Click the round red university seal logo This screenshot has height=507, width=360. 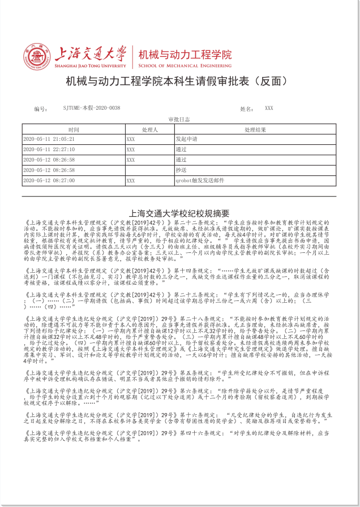click(37, 57)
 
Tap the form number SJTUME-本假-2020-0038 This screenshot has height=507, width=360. click(92, 108)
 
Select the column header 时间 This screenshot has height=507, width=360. click(73, 130)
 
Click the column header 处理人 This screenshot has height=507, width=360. click(149, 130)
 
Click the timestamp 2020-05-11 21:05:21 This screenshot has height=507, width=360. click(49, 139)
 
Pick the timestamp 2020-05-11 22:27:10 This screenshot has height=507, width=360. click(49, 149)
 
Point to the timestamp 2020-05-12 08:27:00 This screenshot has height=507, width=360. click(49, 181)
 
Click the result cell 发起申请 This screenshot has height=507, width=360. click(186, 139)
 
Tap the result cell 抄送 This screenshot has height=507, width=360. click(181, 170)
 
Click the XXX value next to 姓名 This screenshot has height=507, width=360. click(269, 108)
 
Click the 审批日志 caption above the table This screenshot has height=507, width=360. click(179, 120)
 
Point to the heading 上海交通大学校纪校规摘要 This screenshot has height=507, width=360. click(179, 213)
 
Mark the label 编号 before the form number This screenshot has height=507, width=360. click(40, 108)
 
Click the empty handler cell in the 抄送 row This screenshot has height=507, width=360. click(149, 170)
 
